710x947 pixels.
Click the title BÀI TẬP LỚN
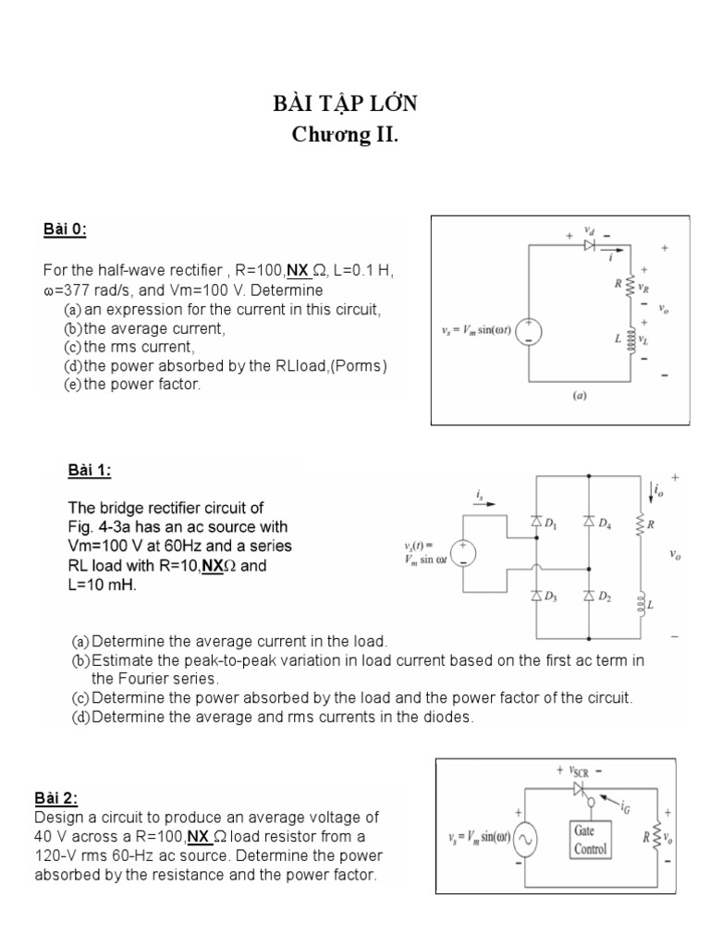pos(346,104)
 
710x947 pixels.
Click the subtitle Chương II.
pos(346,135)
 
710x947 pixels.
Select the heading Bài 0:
pos(65,229)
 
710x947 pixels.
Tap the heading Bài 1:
pos(90,471)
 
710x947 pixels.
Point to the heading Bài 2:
pos(56,798)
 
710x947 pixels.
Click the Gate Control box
pos(590,841)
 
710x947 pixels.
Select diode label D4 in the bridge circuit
pos(604,524)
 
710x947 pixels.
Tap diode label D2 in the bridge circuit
pos(604,597)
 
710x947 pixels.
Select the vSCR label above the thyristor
pos(584,770)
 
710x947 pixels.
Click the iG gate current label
pos(626,807)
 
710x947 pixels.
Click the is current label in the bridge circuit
pos(480,497)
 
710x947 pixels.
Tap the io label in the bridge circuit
pos(657,490)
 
